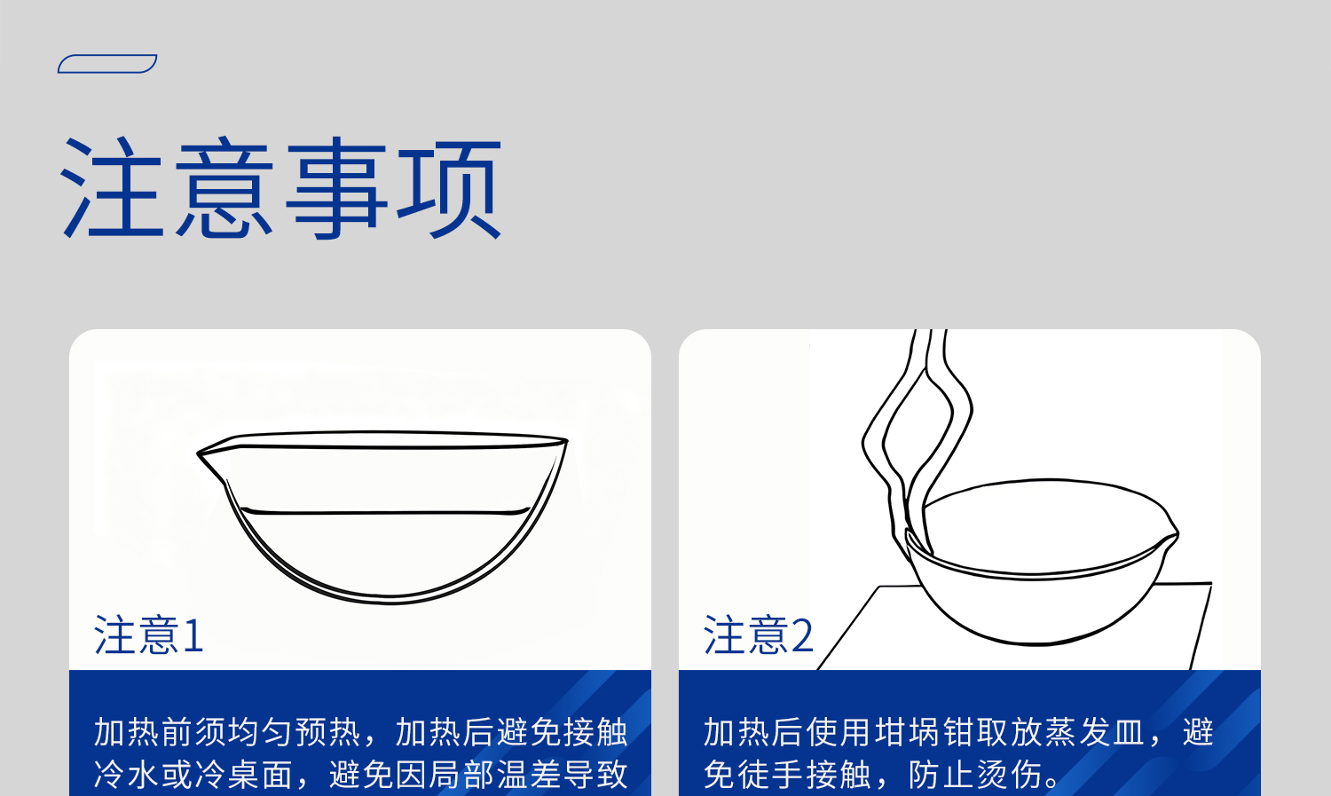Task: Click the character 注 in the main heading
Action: pyautogui.click(x=114, y=188)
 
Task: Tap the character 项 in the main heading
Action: pyautogui.click(x=449, y=188)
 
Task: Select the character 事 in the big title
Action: pyautogui.click(x=337, y=188)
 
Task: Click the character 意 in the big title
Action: pyautogui.click(x=225, y=188)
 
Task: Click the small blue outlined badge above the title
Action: pyautogui.click(x=107, y=64)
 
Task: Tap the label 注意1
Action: pyautogui.click(x=149, y=635)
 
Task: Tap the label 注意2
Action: pyautogui.click(x=759, y=635)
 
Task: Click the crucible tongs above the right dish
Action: pyautogui.click(x=923, y=417)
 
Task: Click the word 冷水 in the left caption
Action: pyautogui.click(x=127, y=775)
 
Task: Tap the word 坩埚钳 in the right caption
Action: pyautogui.click(x=925, y=732)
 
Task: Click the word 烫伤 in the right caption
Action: pyautogui.click(x=1009, y=775)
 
